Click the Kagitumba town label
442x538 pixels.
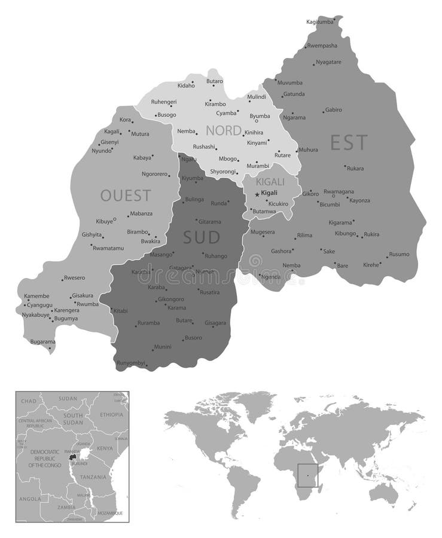tap(319, 22)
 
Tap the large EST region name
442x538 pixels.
tap(349, 142)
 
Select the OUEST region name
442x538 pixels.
tap(126, 195)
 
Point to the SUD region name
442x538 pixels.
tap(202, 237)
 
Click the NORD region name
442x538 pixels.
tap(224, 130)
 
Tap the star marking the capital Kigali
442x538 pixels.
tap(257, 194)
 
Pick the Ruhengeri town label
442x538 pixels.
tap(164, 102)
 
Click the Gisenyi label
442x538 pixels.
tap(109, 142)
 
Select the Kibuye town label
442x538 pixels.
tap(105, 221)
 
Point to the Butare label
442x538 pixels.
tap(184, 320)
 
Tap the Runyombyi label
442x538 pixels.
tap(131, 363)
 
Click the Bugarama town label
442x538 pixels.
tap(42, 341)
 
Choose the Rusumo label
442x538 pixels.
tap(399, 254)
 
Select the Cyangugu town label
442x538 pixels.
tap(40, 304)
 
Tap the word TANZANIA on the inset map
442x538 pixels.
tap(93, 477)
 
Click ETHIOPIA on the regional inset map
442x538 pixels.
tap(111, 414)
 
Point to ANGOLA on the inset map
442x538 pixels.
tap(30, 499)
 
